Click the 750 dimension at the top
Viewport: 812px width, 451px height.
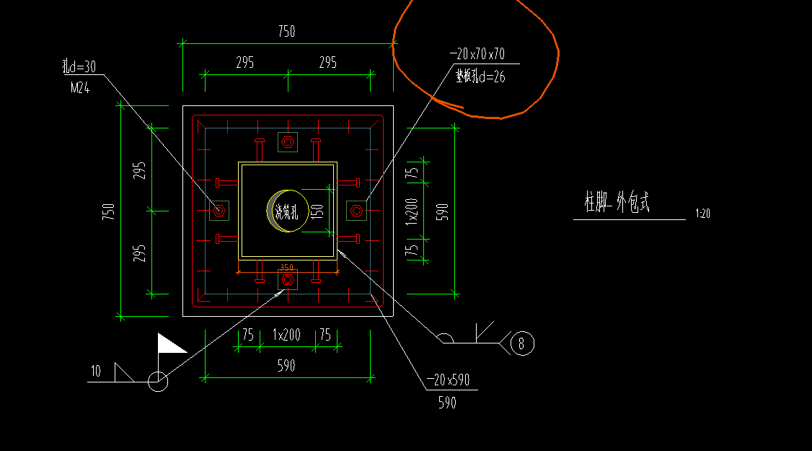tap(286, 32)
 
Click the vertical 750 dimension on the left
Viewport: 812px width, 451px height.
tap(108, 211)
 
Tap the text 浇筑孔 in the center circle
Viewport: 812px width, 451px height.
tap(286, 211)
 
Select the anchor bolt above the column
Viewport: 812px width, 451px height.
tap(287, 142)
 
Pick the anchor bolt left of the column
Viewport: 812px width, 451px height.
tap(219, 211)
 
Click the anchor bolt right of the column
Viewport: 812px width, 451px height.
tap(356, 211)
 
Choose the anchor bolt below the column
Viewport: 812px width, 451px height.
tap(287, 279)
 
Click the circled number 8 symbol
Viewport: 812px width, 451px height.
tap(522, 343)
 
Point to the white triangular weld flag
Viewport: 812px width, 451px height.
tap(170, 344)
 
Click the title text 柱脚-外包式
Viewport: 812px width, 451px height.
tap(617, 203)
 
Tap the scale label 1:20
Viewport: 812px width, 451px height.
tap(702, 214)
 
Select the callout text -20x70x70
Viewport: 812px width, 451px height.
tap(477, 54)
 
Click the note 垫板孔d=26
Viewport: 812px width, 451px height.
tap(480, 75)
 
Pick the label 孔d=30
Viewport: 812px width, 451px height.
tap(79, 67)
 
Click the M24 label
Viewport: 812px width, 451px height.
tap(80, 88)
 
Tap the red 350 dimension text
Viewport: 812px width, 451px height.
tap(286, 267)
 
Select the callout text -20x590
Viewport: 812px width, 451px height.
tap(448, 380)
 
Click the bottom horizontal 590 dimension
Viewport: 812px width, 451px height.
tap(286, 367)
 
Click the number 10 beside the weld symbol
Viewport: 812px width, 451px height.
tap(95, 372)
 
